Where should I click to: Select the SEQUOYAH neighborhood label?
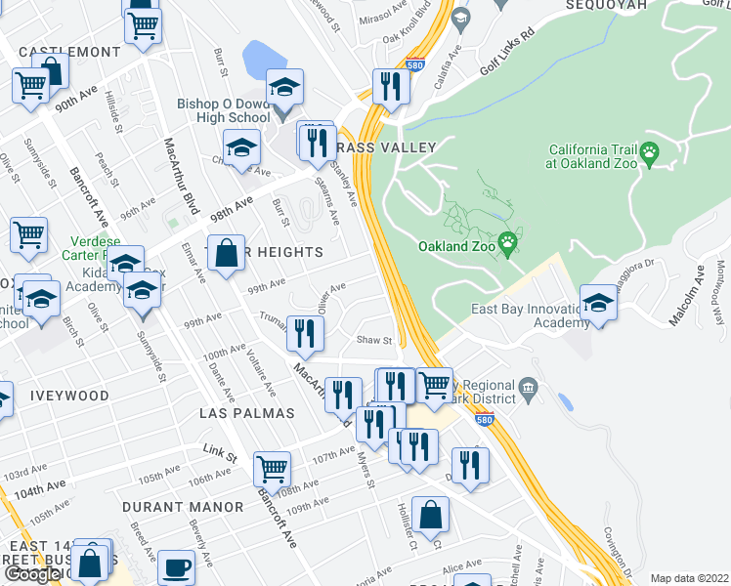click(606, 5)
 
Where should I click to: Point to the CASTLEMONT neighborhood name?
click(61, 50)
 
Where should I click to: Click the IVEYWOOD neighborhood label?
click(68, 396)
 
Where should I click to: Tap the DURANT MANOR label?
click(183, 507)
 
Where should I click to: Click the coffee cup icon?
click(176, 565)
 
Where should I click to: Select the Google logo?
click(31, 574)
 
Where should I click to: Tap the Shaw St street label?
click(374, 341)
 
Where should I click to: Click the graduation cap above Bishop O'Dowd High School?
click(284, 86)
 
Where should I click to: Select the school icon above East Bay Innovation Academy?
click(598, 300)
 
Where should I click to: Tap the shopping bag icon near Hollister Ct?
click(430, 513)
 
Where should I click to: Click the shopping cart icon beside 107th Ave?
click(272, 468)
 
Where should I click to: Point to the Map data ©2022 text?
click(690, 578)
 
